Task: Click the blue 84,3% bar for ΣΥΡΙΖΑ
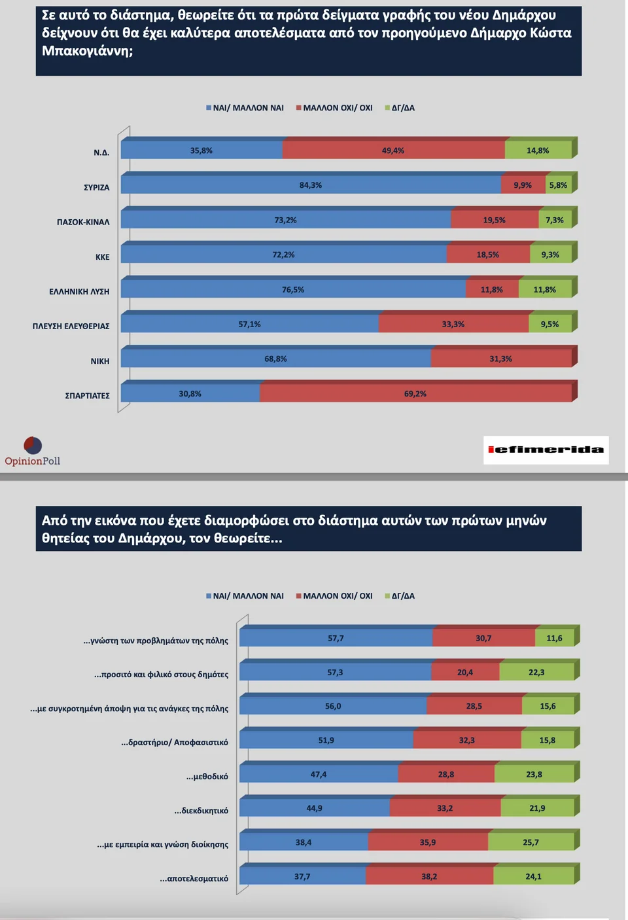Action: [x=311, y=185]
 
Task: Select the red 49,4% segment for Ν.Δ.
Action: [x=393, y=150]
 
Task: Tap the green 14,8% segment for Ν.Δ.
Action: [x=538, y=150]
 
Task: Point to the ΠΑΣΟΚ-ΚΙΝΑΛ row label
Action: [x=83, y=222]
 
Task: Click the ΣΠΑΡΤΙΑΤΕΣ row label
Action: [x=87, y=396]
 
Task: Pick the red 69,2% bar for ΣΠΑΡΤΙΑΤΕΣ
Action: [x=415, y=394]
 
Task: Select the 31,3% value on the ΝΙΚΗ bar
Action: [x=500, y=359]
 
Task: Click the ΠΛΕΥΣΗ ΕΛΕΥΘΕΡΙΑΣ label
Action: [x=71, y=326]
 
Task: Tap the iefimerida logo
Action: [x=546, y=450]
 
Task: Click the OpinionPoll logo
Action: [x=33, y=451]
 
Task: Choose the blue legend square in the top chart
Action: [x=209, y=108]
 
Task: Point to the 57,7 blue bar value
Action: [x=336, y=638]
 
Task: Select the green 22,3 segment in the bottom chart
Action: [x=536, y=672]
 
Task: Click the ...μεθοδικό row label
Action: [x=207, y=777]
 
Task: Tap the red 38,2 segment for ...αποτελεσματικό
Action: [x=429, y=876]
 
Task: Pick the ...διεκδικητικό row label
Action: [x=201, y=811]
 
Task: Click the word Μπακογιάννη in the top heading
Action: [x=86, y=51]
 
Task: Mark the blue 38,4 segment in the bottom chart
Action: [x=304, y=842]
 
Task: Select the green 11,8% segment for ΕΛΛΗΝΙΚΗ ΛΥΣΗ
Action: [x=544, y=289]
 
